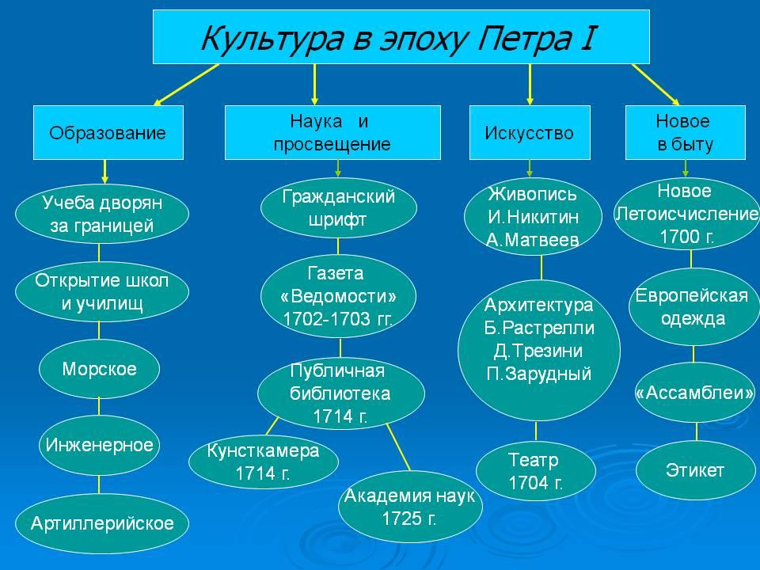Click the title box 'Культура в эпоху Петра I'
point(401,37)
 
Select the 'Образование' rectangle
point(108,132)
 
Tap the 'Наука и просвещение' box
point(332,132)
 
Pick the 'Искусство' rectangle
point(530,132)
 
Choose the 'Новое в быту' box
point(685,132)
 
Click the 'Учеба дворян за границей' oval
point(102,214)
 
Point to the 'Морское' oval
point(99,369)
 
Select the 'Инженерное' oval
point(99,445)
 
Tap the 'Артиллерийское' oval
point(102,523)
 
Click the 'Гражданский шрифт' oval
point(338,208)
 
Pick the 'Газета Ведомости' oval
point(338,296)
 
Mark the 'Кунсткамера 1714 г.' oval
point(263,461)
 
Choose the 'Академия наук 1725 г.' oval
point(410,507)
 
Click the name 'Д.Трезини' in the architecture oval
point(538,351)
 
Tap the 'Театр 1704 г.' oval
point(536,470)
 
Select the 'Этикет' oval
point(696,470)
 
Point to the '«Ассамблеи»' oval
point(696,392)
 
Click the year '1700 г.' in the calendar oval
point(687,237)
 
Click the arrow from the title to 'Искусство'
point(530,85)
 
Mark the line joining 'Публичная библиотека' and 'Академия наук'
point(398,446)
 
